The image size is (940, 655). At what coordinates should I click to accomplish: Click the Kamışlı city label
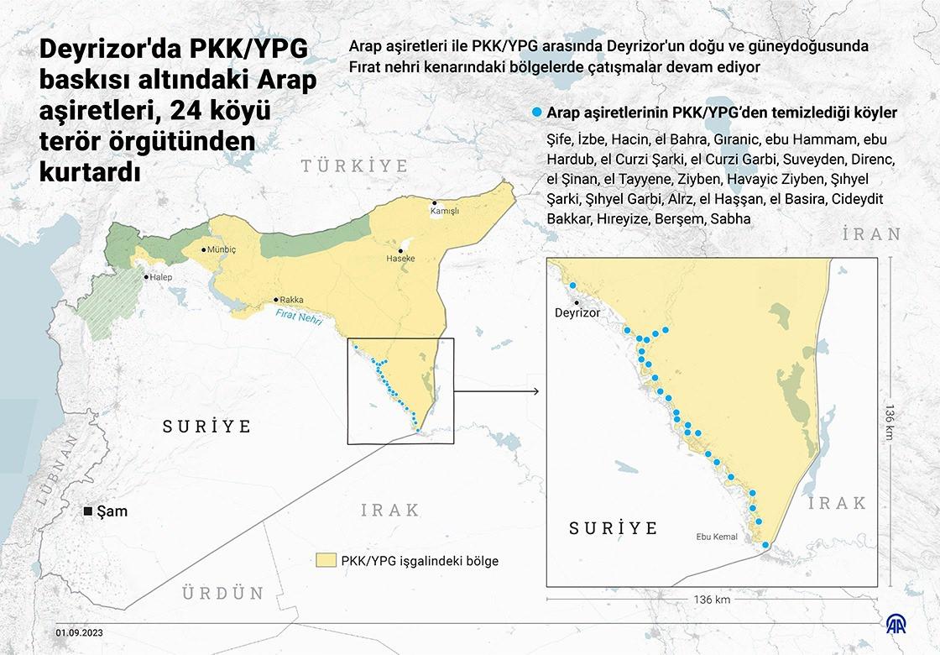(446, 212)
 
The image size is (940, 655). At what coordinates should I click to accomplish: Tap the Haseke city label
(400, 259)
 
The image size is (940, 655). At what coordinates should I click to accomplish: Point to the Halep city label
(160, 277)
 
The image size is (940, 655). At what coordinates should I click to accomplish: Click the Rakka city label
(291, 300)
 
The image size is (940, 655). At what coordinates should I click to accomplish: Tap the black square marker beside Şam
(87, 511)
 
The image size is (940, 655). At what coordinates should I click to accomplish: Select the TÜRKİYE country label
(355, 165)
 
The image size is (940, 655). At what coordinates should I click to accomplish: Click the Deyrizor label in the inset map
(578, 312)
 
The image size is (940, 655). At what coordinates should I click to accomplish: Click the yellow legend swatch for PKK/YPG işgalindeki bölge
(325, 560)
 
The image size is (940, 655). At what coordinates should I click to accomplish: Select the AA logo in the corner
(903, 624)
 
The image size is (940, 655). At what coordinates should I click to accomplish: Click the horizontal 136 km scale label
(712, 600)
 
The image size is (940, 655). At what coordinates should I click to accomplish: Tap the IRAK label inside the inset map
(837, 503)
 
